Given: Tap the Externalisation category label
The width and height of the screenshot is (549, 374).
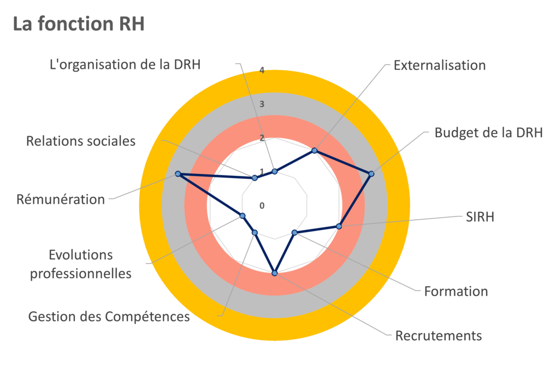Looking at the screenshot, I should point(440,66).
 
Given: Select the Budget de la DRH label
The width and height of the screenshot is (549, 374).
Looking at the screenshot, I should point(488,133).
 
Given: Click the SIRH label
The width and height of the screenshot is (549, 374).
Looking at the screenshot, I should point(480,217).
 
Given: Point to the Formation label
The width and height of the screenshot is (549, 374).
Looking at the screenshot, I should point(456,292).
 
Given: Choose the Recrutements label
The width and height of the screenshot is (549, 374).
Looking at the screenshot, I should point(438,335).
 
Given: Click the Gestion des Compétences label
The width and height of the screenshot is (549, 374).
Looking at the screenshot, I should point(109,316).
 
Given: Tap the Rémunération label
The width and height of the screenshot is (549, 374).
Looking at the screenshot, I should point(60,199).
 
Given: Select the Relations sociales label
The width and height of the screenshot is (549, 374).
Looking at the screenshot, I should point(81,141).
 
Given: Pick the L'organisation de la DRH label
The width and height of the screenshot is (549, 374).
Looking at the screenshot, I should point(125,64).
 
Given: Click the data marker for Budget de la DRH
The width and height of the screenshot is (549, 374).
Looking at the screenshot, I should point(371,174).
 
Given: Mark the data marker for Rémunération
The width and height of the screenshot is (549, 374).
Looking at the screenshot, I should point(178,174).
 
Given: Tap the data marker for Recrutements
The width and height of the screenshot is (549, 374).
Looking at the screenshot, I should point(275,272).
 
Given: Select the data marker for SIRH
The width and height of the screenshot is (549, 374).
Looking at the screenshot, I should point(339,226).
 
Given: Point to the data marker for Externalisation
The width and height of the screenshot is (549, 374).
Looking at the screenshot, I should point(314,150).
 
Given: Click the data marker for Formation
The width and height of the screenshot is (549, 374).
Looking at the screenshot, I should point(295,233).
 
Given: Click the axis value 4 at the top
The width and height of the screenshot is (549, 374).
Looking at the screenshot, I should point(262,70).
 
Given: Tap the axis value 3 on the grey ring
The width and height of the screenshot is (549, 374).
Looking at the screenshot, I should point(262,104).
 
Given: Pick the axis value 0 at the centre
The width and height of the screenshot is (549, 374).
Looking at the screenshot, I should point(262,205).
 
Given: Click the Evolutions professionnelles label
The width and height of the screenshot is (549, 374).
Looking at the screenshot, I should point(80,264).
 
